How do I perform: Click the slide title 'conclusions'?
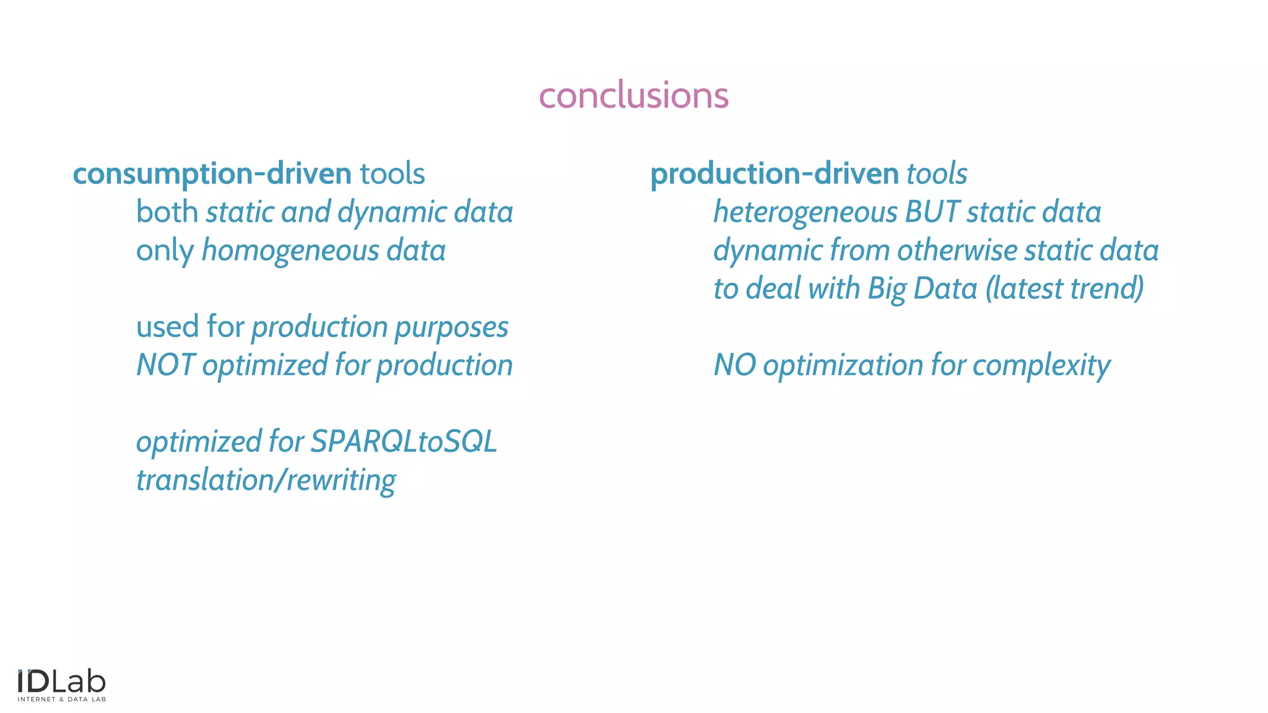[x=633, y=95]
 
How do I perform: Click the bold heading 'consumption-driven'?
[x=212, y=174]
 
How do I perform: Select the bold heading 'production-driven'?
[x=774, y=174]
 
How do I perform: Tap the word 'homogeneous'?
[x=290, y=251]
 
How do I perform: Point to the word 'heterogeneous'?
[x=805, y=212]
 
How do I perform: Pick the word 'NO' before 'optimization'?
[x=734, y=365]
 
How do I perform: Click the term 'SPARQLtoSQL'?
[x=404, y=442]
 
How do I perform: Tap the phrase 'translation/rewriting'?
[x=266, y=480]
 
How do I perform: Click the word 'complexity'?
[x=1041, y=365]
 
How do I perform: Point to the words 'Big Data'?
[x=923, y=289]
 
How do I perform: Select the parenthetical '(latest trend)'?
[x=1064, y=289]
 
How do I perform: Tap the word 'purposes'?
[x=451, y=327]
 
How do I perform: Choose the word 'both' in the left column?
[x=167, y=212]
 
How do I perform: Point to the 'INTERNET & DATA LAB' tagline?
[x=61, y=699]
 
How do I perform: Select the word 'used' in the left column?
[x=167, y=327]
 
